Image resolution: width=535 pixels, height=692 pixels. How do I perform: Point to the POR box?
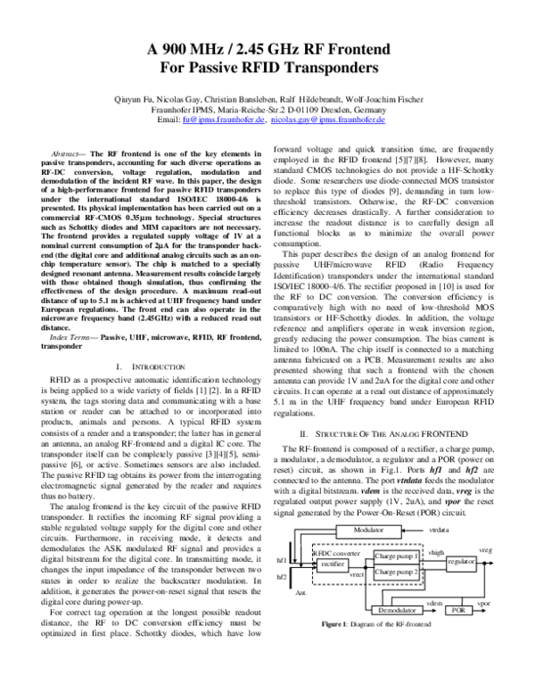[x=459, y=610]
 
